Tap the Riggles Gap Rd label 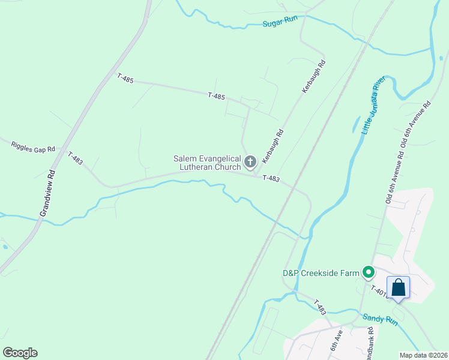pos(34,146)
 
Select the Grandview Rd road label pos(47,193)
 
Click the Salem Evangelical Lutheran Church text pos(207,163)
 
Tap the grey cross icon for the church pos(250,161)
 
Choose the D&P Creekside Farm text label pos(321,274)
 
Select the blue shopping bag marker pos(398,287)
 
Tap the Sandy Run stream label pos(379,319)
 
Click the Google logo pos(20,352)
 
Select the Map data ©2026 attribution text pos(423,355)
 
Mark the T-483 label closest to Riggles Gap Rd pos(75,158)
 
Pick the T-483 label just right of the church pos(271,178)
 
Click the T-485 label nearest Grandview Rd pos(125,78)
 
